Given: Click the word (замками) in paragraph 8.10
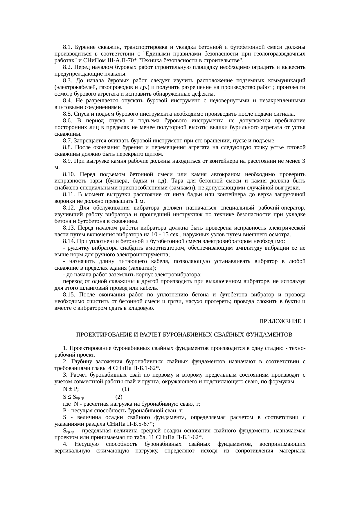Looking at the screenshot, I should click(181, 188).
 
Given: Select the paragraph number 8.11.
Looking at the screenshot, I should click(69, 194).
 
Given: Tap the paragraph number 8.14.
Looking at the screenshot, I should click(69, 241).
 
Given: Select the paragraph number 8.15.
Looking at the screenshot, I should click(69, 295).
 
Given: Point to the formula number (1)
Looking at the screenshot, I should click(125, 389).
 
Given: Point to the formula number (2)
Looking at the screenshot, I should click(119, 397).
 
